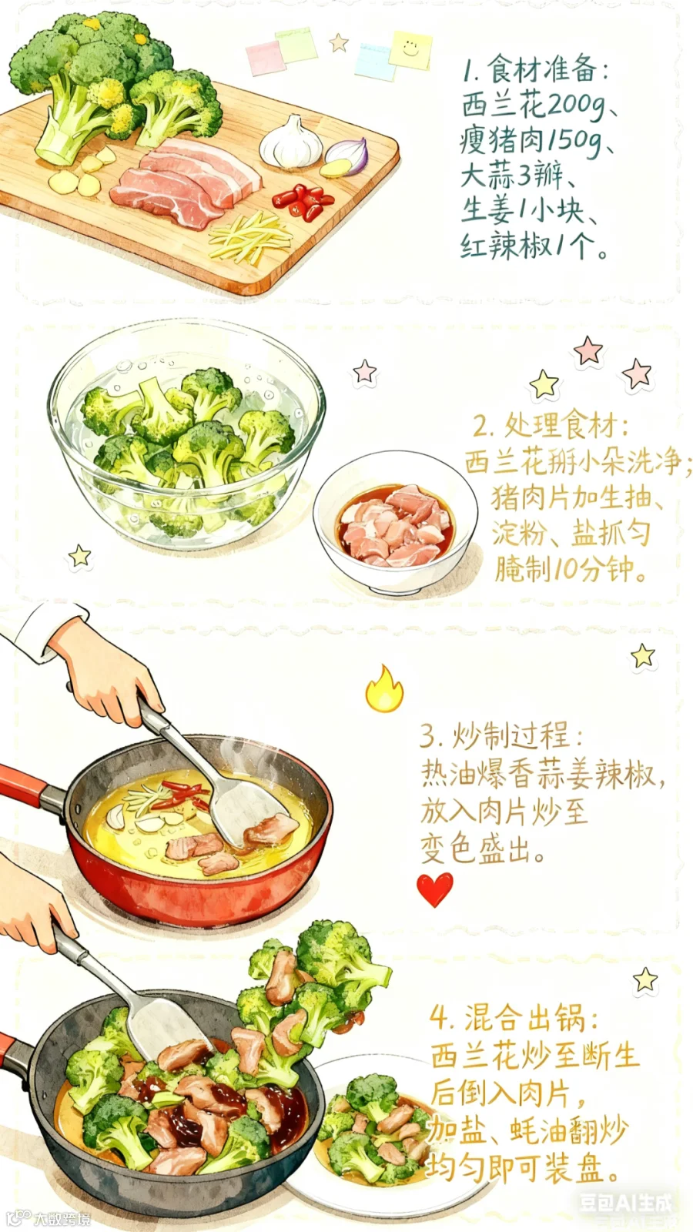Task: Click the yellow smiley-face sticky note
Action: pyautogui.click(x=410, y=49)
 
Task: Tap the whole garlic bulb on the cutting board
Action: pyautogui.click(x=292, y=142)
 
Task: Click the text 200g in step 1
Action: pyautogui.click(x=574, y=105)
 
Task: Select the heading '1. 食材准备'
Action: pyautogui.click(x=534, y=70)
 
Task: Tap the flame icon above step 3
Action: pyautogui.click(x=384, y=688)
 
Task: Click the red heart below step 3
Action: pyautogui.click(x=435, y=889)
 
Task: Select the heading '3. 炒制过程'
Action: pyautogui.click(x=500, y=735)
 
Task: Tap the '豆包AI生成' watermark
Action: pyautogui.click(x=626, y=1204)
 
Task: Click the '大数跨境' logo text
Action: pyautogui.click(x=62, y=1219)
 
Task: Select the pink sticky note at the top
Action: pyautogui.click(x=266, y=57)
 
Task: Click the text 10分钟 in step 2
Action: pyautogui.click(x=593, y=570)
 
